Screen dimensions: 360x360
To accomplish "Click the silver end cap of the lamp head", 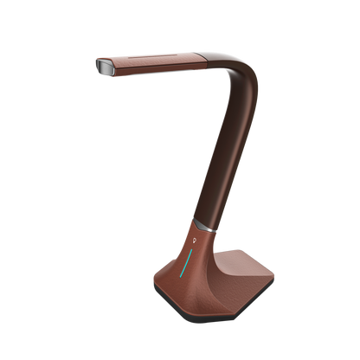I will coord(102,66).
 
